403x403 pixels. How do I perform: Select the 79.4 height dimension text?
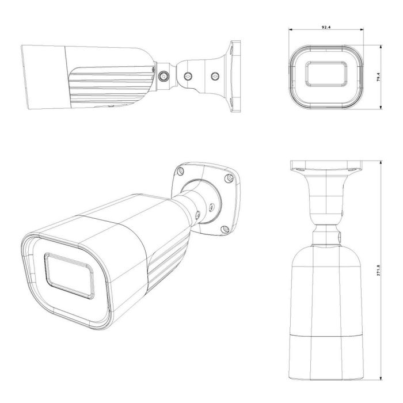pos(378,77)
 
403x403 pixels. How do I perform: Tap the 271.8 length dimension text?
pos(378,271)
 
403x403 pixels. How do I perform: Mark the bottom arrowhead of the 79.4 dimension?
pos(382,107)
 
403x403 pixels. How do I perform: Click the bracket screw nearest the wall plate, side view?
pos(216,75)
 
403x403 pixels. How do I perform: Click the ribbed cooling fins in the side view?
pos(109,86)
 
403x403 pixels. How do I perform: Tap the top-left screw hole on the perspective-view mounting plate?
pos(181,171)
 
